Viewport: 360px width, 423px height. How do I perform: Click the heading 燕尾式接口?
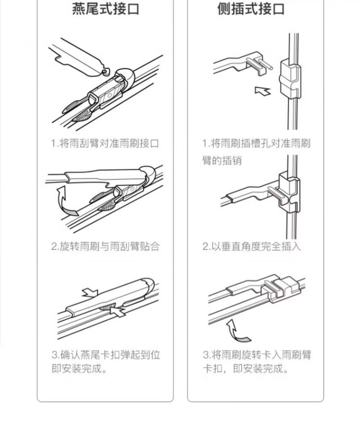point(105,9)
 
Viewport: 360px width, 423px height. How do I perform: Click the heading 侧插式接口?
point(251,9)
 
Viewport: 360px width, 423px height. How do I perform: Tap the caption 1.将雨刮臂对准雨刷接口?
point(105,143)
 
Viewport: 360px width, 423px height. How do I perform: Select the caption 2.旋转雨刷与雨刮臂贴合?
point(105,246)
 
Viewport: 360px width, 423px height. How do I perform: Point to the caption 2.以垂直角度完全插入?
point(252,246)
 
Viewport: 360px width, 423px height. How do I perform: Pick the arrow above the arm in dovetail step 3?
point(90,293)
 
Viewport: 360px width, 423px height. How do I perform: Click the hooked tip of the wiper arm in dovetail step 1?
point(106,71)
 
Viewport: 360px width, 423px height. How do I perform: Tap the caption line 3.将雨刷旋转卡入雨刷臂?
point(257,355)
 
